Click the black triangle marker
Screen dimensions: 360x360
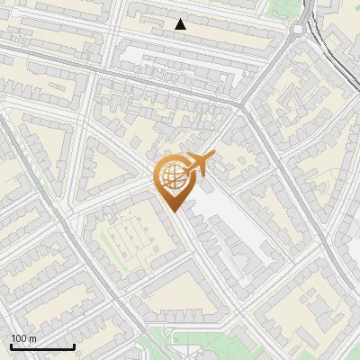click(181, 24)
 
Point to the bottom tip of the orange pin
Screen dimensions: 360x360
click(172, 211)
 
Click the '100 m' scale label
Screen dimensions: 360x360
click(23, 338)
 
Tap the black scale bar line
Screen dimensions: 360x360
click(42, 346)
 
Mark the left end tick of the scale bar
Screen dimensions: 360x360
click(11, 345)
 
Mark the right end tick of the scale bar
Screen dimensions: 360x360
click(74, 345)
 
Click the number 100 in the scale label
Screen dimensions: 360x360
click(19, 338)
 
